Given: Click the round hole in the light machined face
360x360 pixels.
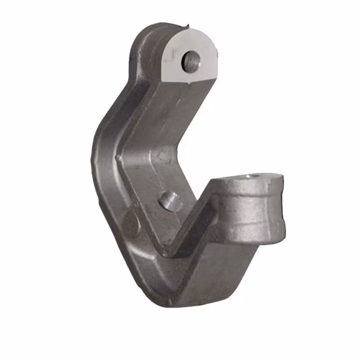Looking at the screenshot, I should tap(192, 61).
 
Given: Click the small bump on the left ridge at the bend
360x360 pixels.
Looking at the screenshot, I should tap(117, 158).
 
